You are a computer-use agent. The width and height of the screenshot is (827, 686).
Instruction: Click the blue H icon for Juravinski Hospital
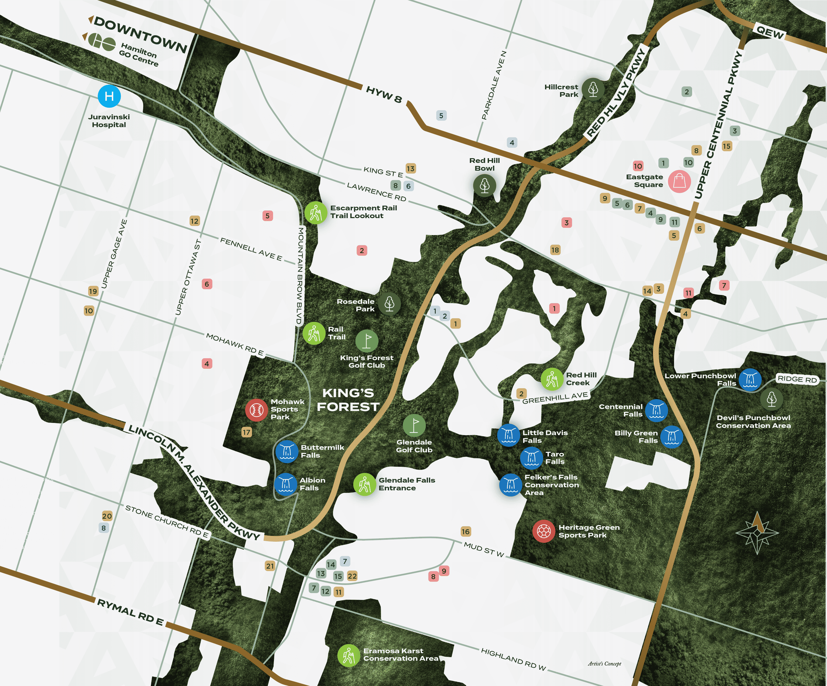[109, 96]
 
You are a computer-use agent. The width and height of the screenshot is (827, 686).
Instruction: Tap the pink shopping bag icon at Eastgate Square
[679, 181]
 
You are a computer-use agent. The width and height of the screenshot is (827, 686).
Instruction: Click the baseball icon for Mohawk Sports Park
[256, 410]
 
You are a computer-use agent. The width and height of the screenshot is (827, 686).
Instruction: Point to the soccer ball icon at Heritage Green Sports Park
[544, 531]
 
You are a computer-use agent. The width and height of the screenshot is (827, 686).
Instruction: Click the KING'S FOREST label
[348, 400]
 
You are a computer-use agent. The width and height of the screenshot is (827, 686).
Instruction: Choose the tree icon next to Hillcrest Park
[593, 89]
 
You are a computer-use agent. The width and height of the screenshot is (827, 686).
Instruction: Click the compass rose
[757, 533]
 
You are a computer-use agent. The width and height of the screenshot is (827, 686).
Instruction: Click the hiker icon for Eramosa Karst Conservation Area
[349, 655]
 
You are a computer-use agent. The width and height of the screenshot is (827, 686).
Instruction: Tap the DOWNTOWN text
[141, 35]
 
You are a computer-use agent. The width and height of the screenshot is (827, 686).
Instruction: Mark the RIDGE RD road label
[797, 379]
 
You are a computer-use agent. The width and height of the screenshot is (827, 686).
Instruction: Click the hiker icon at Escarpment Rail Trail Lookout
[316, 213]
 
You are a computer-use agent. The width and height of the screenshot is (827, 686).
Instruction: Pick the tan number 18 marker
[555, 250]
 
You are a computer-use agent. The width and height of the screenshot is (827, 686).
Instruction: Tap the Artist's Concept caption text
[604, 664]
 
